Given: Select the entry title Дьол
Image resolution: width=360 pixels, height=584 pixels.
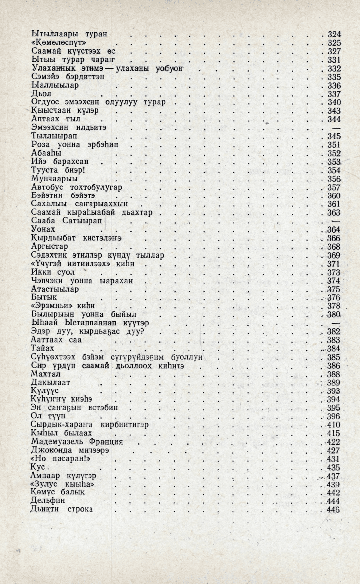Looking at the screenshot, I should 41,94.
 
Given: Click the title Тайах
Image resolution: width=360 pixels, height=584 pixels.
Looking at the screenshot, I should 42,348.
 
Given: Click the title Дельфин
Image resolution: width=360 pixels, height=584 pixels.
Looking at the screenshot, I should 48,501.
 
